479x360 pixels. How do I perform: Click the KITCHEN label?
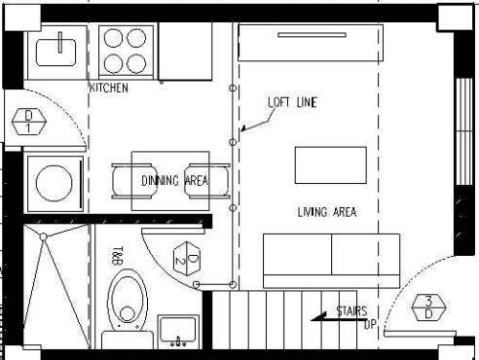[x=109, y=88]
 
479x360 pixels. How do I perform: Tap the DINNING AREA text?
[x=175, y=181]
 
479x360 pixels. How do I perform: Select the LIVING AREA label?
[x=327, y=212]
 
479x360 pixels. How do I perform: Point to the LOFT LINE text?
[x=292, y=102]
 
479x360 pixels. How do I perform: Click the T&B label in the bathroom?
[x=118, y=256]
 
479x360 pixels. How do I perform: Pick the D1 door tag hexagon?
[x=28, y=122]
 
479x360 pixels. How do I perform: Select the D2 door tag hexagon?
[x=187, y=259]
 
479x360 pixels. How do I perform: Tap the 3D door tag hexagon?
[x=428, y=307]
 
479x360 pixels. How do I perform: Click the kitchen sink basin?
[x=56, y=53]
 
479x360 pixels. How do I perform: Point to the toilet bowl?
[x=128, y=300]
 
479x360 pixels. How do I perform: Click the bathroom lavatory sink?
[x=178, y=330]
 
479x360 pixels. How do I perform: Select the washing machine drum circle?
[x=55, y=184]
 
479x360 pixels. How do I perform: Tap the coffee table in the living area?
[x=331, y=165]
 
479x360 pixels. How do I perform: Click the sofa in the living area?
[x=331, y=261]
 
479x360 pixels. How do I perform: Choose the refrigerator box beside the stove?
[x=185, y=52]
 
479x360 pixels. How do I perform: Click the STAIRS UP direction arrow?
[x=339, y=318]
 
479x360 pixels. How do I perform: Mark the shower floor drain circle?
[x=43, y=237]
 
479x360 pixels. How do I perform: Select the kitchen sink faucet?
[x=60, y=42]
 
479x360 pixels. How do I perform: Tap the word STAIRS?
[x=351, y=311]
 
